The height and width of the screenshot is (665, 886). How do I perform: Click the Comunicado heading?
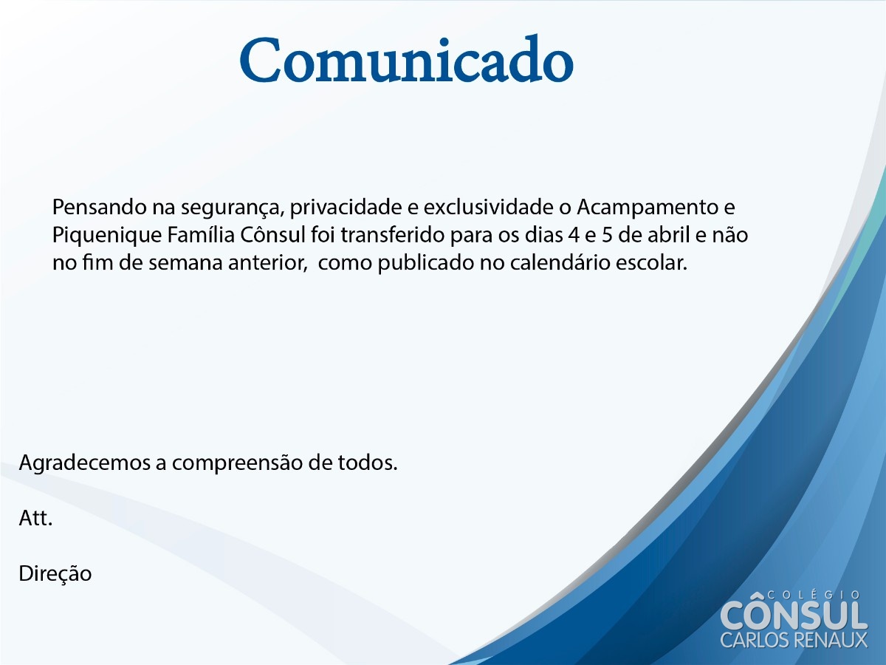coord(407,59)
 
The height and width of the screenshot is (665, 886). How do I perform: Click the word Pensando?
coord(99,207)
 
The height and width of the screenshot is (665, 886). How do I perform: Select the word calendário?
coord(560,263)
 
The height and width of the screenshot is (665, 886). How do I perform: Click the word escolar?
coord(651,263)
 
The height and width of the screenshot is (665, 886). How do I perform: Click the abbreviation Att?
coord(35,518)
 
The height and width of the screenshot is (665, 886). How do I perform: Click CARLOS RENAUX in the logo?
coord(794,640)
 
